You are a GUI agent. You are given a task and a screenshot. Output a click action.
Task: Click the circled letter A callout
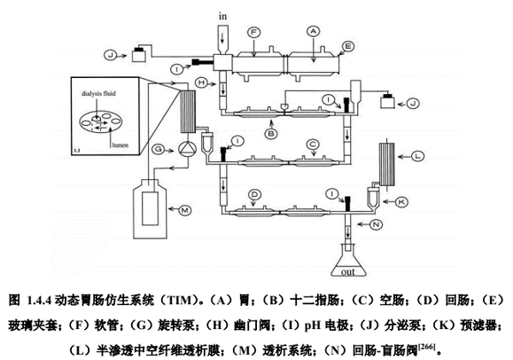(x=313, y=31)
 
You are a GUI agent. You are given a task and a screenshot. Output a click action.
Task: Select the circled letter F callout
(x=253, y=32)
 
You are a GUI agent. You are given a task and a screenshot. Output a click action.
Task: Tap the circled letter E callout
(x=348, y=46)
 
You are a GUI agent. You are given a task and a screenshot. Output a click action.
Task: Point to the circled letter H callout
(x=202, y=82)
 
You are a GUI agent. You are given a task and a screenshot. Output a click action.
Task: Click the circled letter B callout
(x=271, y=134)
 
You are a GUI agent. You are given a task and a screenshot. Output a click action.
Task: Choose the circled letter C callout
(x=313, y=145)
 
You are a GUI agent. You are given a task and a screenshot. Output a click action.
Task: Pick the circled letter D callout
(x=254, y=195)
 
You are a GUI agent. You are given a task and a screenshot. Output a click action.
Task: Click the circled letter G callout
(x=159, y=149)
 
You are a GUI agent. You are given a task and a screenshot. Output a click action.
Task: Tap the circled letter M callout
(x=184, y=210)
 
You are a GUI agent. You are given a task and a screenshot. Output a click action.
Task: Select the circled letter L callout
(x=416, y=156)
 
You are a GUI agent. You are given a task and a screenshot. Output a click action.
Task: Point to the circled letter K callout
(x=401, y=202)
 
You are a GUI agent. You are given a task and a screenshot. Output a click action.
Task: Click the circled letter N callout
(x=376, y=224)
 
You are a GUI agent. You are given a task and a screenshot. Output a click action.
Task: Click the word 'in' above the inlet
(x=222, y=16)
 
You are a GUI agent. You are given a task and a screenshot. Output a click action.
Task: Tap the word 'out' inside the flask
(x=348, y=272)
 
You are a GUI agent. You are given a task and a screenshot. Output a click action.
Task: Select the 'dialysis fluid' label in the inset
(x=98, y=93)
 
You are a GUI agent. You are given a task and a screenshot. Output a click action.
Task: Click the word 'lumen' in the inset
(x=120, y=145)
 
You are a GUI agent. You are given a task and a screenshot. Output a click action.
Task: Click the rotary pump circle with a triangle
(x=187, y=149)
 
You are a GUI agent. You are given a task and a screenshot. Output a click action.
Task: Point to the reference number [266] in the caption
(x=426, y=347)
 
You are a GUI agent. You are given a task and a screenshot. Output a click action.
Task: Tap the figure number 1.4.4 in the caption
(x=40, y=300)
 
